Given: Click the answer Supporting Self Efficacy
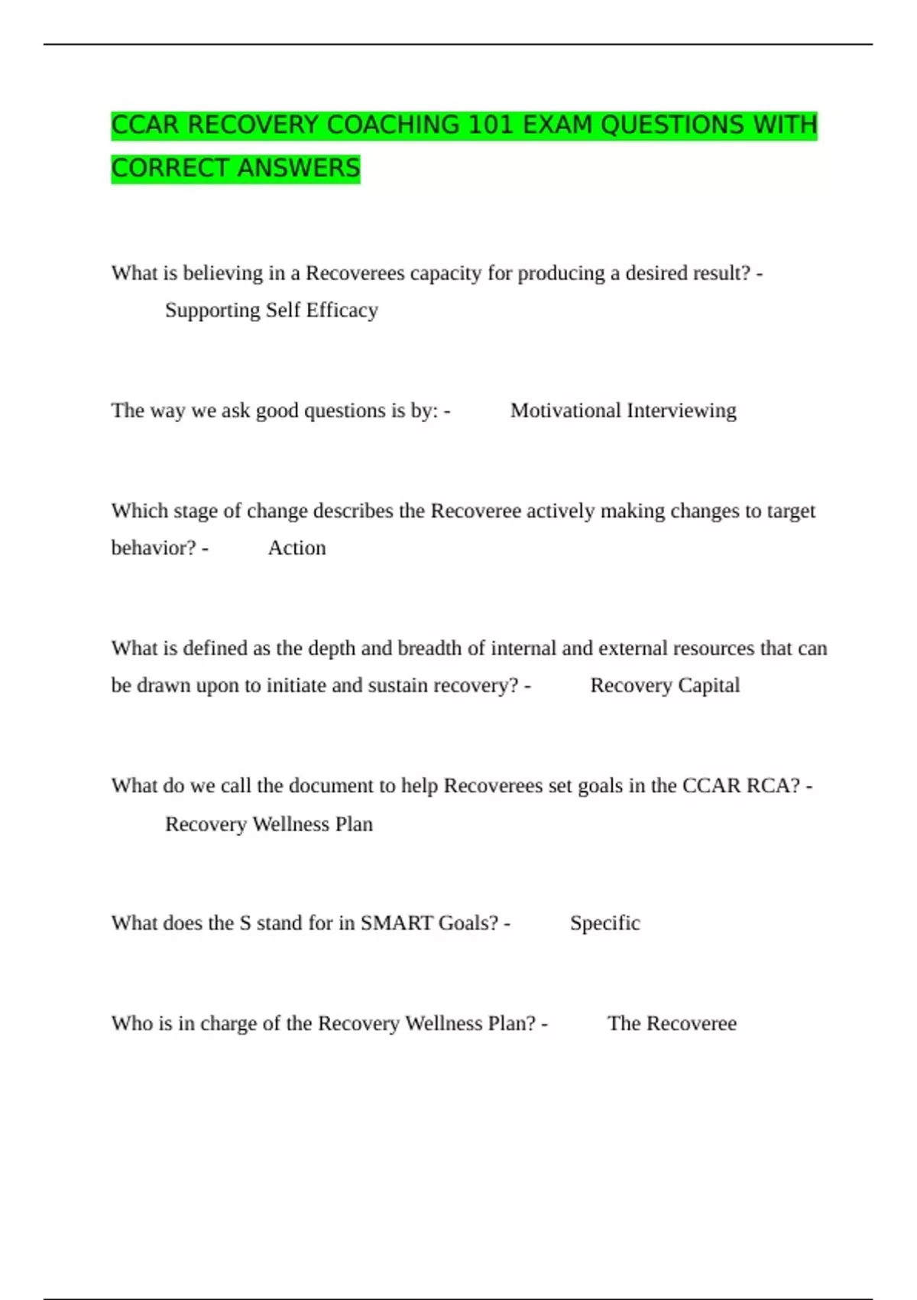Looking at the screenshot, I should coord(271,310).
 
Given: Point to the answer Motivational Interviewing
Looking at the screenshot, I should coord(623,411).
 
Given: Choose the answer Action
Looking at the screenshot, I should coord(296,548).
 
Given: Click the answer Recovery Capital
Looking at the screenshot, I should coord(665,686).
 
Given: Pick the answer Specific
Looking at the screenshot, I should coord(604,923).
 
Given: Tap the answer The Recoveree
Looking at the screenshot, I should coord(672,1024).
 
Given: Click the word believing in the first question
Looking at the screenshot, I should coord(222,274).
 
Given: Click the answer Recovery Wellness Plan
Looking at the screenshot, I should coord(269,824).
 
